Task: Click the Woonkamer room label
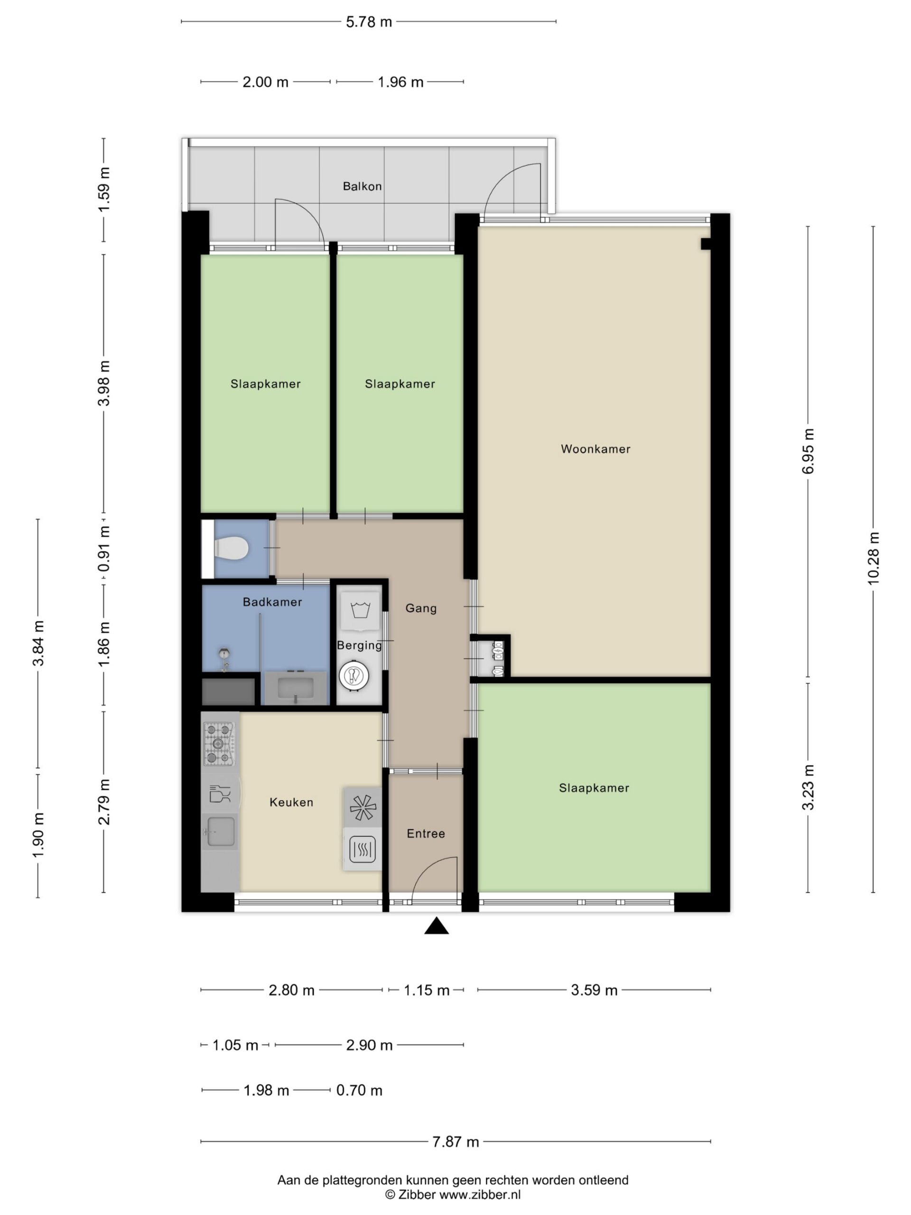(595, 449)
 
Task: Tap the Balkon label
(362, 186)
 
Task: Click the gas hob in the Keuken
(219, 744)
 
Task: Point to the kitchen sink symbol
(220, 832)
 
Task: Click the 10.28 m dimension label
(873, 558)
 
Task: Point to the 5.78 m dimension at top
(369, 22)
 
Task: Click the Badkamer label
(272, 602)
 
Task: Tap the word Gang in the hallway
(421, 608)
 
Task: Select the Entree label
(426, 833)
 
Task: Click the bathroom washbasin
(296, 688)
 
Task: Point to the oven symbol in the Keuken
(362, 849)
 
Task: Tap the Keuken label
(291, 802)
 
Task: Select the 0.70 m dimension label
(359, 1090)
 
